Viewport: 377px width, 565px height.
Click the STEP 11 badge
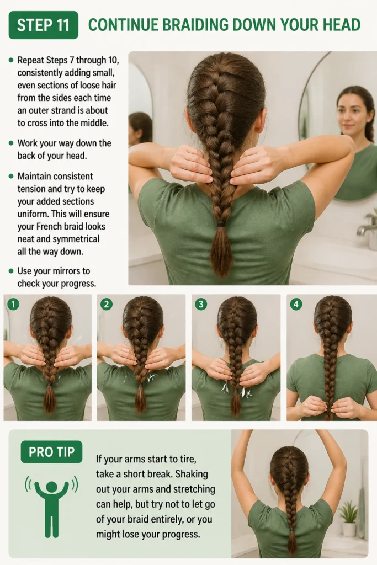click(43, 25)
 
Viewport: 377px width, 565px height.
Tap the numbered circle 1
click(13, 305)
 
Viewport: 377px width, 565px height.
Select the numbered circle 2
click(107, 305)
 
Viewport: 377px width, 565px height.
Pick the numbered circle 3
click(201, 305)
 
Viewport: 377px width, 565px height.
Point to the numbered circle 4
click(296, 305)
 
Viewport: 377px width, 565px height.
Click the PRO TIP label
click(51, 452)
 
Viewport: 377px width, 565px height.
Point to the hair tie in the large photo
click(221, 224)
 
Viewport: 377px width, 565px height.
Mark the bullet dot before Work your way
click(11, 143)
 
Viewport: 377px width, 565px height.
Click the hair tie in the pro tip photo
click(291, 530)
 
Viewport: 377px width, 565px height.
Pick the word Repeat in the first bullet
click(31, 61)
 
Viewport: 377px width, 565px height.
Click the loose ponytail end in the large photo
click(221, 251)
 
